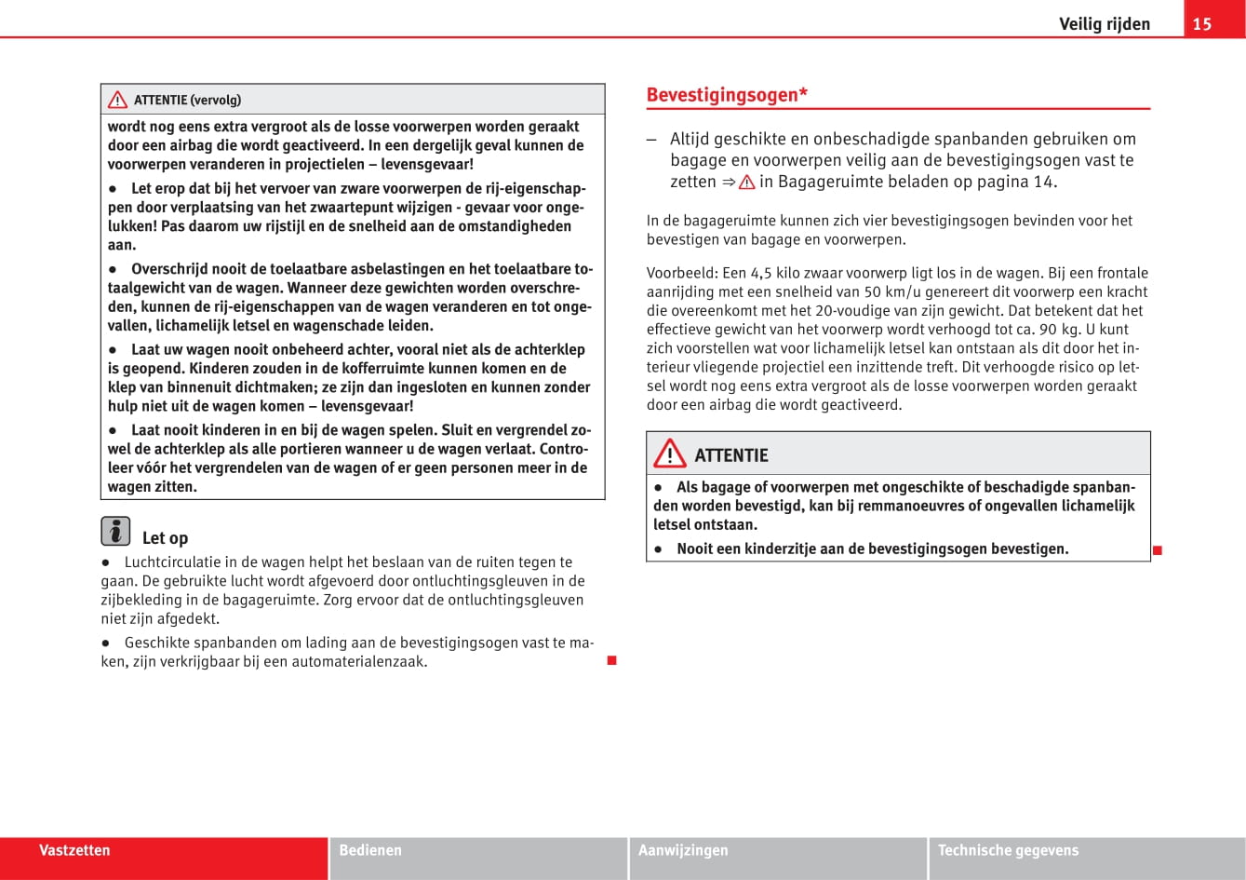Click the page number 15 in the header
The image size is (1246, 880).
pyautogui.click(x=1202, y=24)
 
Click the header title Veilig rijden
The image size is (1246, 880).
pyautogui.click(x=1104, y=24)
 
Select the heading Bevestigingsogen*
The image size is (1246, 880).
pyautogui.click(x=727, y=95)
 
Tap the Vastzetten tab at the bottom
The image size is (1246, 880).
pyautogui.click(x=74, y=850)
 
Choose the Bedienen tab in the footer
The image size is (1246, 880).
pyautogui.click(x=370, y=850)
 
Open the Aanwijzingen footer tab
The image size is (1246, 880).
pyautogui.click(x=683, y=850)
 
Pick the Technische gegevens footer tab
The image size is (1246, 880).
pyautogui.click(x=1008, y=850)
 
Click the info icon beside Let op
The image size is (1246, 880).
pyautogui.click(x=115, y=531)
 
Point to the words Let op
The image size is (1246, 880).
pyautogui.click(x=165, y=538)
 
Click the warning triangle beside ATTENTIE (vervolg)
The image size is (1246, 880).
pyautogui.click(x=117, y=100)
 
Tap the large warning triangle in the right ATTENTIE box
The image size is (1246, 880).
pyautogui.click(x=669, y=454)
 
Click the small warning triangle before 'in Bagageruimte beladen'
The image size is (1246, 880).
pyautogui.click(x=746, y=183)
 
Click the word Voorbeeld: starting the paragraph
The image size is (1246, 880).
pyautogui.click(x=682, y=273)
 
